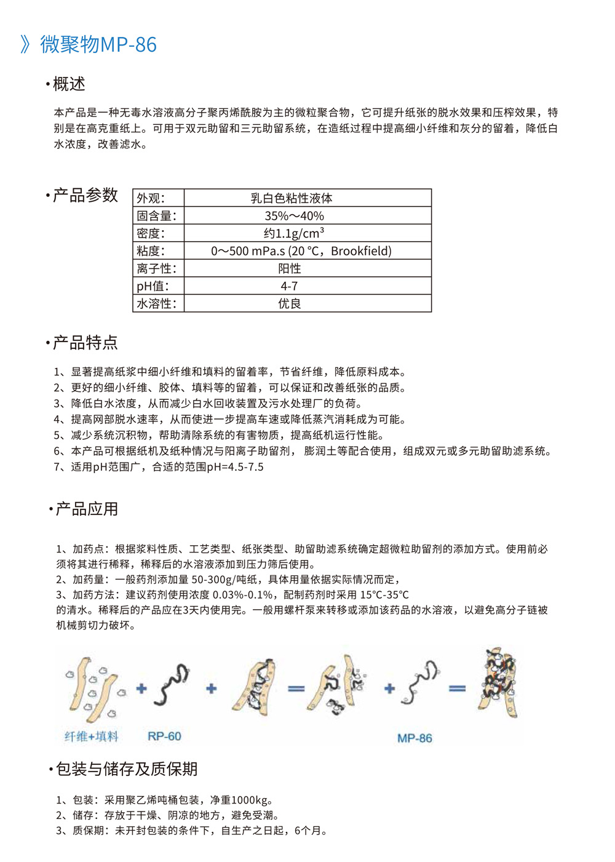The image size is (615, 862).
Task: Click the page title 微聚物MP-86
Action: coord(98,44)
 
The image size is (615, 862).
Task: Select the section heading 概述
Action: coord(69,84)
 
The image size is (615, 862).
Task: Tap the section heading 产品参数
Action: coord(85,195)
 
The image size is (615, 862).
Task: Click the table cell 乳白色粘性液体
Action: coord(292,198)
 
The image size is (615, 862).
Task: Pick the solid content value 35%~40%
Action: coord(294,216)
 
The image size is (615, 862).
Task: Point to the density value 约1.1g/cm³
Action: coord(293,233)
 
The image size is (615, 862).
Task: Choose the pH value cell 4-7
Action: coord(289,286)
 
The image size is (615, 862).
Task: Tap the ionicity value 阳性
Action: coord(289,268)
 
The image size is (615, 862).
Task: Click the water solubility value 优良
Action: coord(289,303)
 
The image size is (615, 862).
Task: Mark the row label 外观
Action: coord(151,198)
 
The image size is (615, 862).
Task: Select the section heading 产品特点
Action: coord(85,343)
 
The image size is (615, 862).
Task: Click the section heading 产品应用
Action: coord(87,509)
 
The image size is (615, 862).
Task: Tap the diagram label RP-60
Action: coord(164,736)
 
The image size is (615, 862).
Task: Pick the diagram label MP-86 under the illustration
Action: coord(415,738)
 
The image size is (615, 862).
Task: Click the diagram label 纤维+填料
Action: coord(91,736)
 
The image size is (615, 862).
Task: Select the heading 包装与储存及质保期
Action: coord(126,768)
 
